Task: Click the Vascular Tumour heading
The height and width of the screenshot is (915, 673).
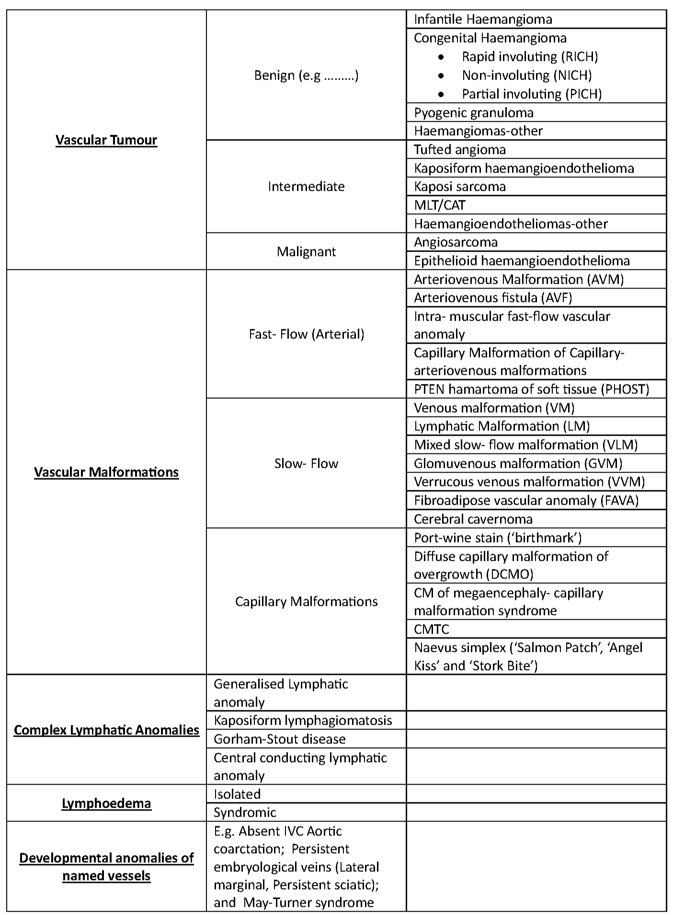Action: pyautogui.click(x=106, y=140)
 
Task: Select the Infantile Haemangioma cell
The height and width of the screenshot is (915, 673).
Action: pyautogui.click(x=483, y=19)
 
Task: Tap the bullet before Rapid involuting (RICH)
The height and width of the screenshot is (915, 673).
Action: pyautogui.click(x=441, y=57)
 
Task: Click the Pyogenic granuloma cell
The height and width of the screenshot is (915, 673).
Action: pyautogui.click(x=473, y=113)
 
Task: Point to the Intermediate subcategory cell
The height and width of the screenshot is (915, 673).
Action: pyautogui.click(x=306, y=186)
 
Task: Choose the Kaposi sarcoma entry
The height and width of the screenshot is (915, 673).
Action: pyautogui.click(x=459, y=186)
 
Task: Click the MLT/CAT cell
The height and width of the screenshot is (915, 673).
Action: pyautogui.click(x=439, y=205)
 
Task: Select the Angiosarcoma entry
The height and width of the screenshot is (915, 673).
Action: pyautogui.click(x=455, y=242)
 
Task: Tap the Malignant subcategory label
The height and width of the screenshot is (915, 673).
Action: pyautogui.click(x=306, y=252)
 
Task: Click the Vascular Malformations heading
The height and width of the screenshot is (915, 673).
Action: pyautogui.click(x=106, y=472)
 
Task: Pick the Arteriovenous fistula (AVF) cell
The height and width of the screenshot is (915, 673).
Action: pyautogui.click(x=493, y=298)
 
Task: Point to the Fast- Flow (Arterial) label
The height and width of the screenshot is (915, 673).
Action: pyautogui.click(x=306, y=334)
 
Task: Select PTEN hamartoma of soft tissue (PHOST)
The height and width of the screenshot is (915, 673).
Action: pyautogui.click(x=531, y=389)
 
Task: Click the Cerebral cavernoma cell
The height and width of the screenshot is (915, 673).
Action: pyautogui.click(x=473, y=519)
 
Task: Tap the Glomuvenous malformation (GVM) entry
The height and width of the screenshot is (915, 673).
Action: pyautogui.click(x=518, y=463)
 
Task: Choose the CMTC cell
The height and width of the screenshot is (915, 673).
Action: pyautogui.click(x=432, y=629)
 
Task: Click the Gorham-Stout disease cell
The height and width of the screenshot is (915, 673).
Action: pyautogui.click(x=279, y=739)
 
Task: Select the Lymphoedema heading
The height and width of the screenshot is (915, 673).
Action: pyautogui.click(x=106, y=803)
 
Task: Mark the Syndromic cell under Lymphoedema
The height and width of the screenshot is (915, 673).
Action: pyautogui.click(x=245, y=812)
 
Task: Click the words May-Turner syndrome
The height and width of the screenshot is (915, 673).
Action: pyautogui.click(x=308, y=903)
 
